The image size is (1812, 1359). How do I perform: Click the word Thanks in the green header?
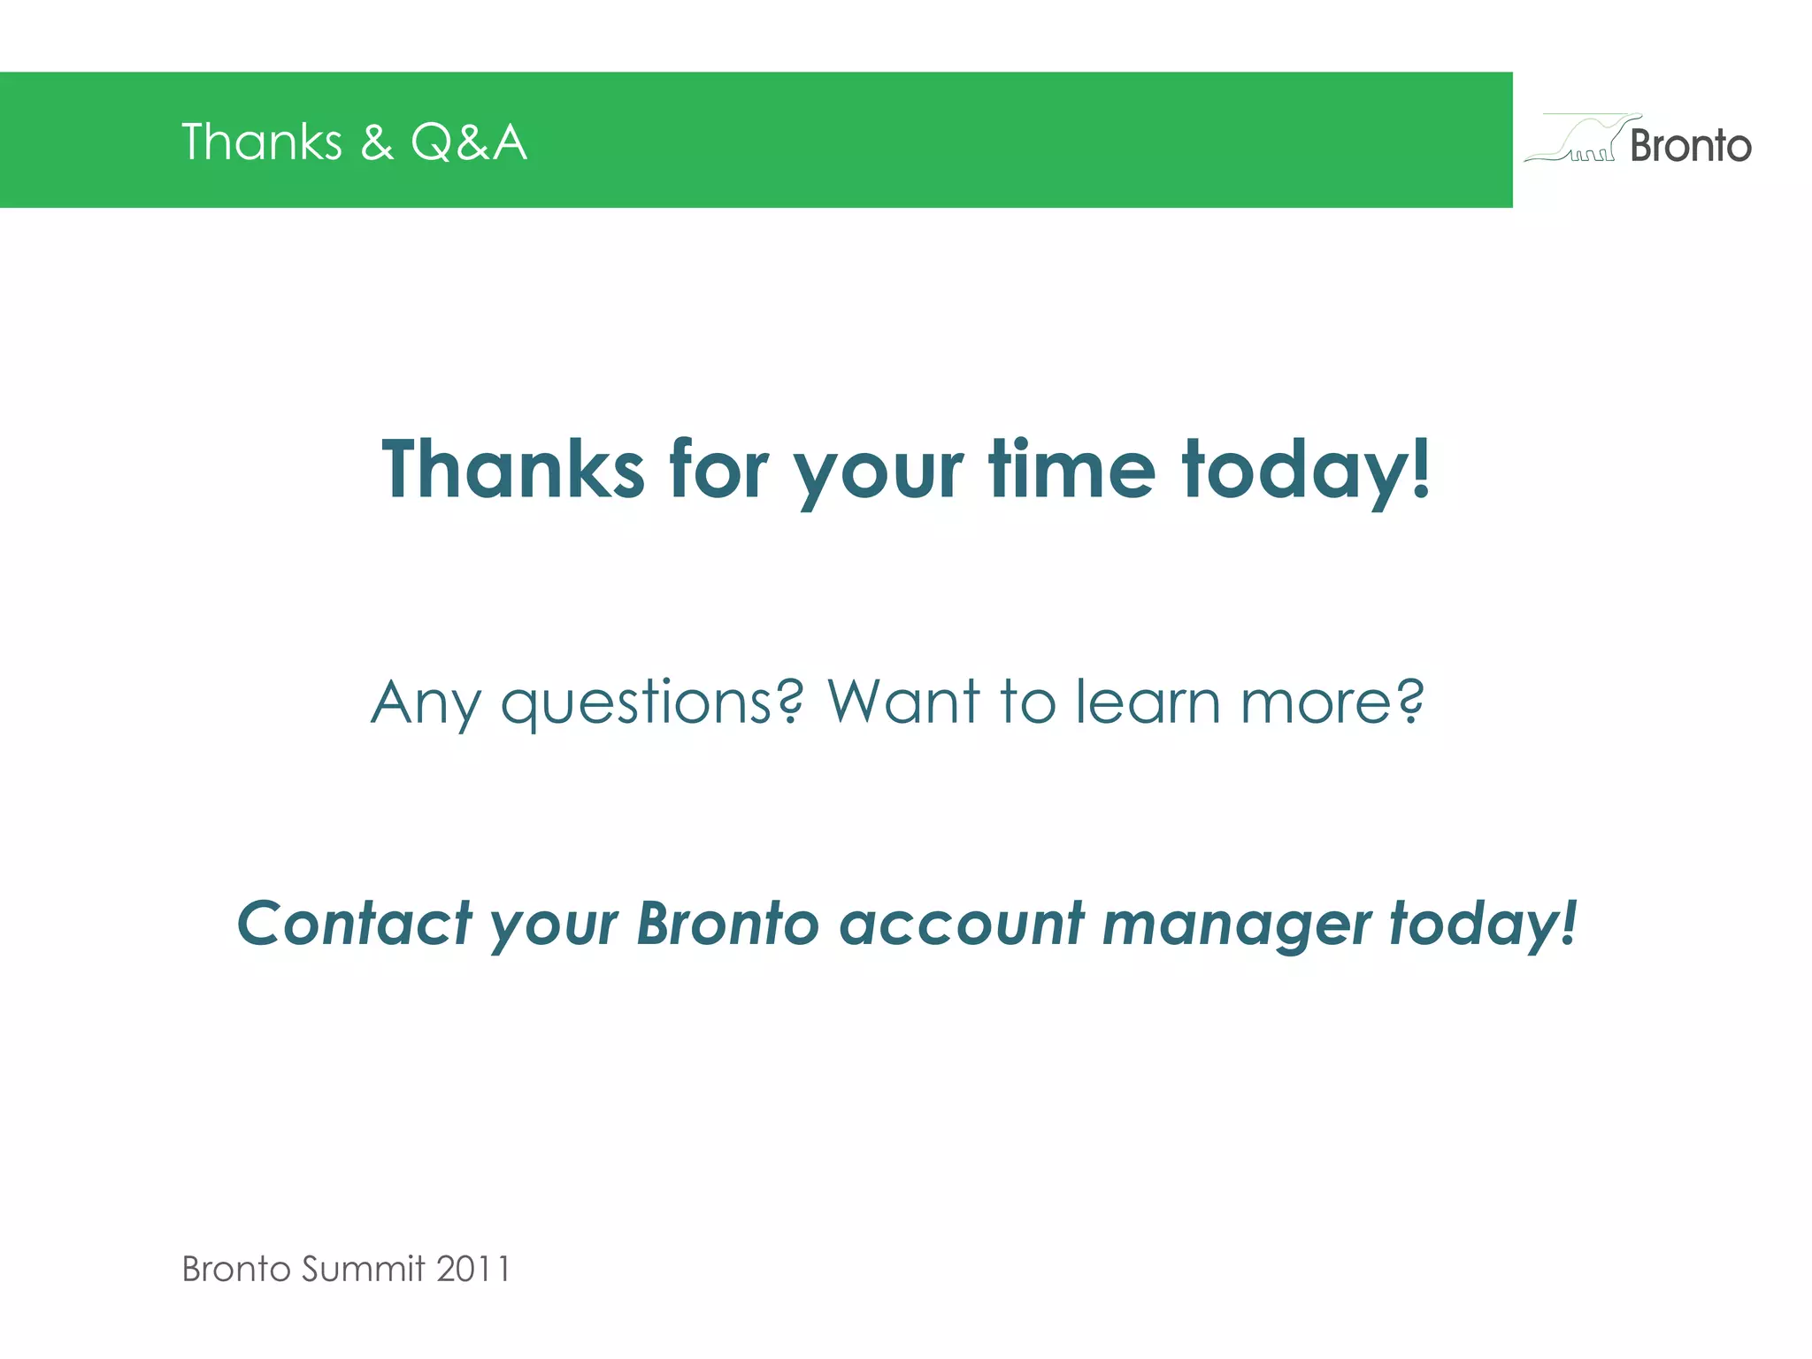tap(261, 142)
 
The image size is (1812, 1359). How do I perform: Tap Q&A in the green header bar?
tap(469, 142)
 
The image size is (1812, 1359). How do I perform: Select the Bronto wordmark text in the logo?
tap(1690, 146)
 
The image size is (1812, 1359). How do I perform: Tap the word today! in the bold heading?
tap(1306, 471)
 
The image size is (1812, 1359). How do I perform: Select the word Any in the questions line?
tap(426, 704)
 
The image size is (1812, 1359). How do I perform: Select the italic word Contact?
tap(355, 924)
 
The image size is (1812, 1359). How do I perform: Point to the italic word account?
tap(961, 924)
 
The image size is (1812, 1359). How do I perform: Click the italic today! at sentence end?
tap(1483, 925)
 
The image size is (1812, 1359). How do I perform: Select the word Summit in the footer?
tap(363, 1269)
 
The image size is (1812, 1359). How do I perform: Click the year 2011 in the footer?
tap(473, 1269)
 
